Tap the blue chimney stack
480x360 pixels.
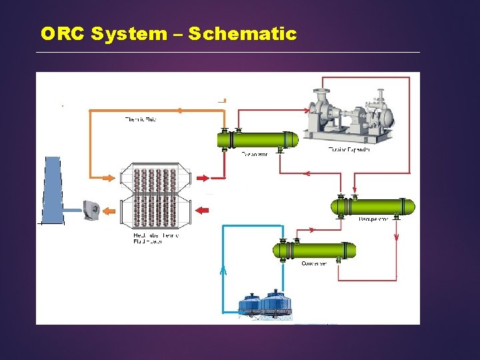tap(54, 190)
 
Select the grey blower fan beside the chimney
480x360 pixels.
tap(91, 209)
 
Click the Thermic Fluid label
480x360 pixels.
tap(141, 120)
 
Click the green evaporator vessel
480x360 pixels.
tap(257, 140)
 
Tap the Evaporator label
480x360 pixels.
tap(255, 154)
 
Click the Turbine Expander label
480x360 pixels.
tap(349, 149)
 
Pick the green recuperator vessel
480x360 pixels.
tap(373, 206)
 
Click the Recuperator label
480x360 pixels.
tap(373, 219)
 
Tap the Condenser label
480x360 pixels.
tap(314, 264)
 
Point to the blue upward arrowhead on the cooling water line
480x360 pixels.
tap(223, 271)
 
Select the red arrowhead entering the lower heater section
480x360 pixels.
tap(202, 211)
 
